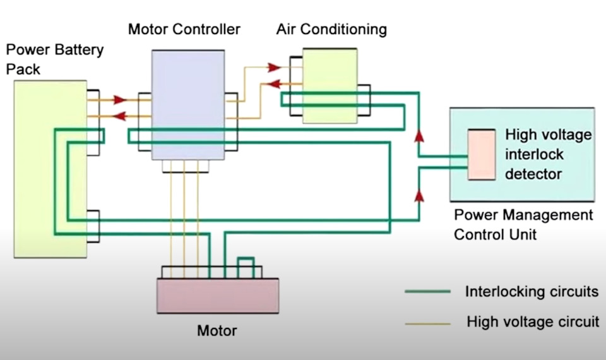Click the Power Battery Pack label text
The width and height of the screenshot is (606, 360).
click(x=54, y=59)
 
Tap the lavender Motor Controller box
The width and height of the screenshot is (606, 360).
click(x=187, y=104)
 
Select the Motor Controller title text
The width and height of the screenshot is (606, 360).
click(x=184, y=29)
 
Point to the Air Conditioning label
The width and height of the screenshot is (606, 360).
click(x=331, y=29)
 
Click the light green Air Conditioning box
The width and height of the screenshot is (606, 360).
click(x=330, y=85)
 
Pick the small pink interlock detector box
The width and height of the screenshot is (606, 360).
click(x=481, y=155)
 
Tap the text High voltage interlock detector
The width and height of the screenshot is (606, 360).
click(x=548, y=154)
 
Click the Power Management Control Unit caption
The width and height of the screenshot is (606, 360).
click(x=523, y=224)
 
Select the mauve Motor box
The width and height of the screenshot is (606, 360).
click(x=218, y=296)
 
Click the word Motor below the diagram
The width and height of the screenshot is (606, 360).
click(x=217, y=330)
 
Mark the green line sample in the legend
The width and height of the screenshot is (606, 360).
click(x=427, y=292)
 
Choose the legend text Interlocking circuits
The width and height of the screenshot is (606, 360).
click(x=532, y=292)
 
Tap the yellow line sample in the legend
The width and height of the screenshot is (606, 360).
click(x=427, y=323)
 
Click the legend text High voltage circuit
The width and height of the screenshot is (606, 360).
click(x=533, y=322)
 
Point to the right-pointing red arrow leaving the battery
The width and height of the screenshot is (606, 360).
click(x=120, y=99)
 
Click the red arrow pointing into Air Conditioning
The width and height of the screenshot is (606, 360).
click(x=273, y=67)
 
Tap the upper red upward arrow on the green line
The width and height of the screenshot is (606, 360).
click(x=417, y=135)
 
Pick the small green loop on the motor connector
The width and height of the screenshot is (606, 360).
click(x=245, y=265)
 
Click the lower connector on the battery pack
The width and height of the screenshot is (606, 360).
click(x=93, y=225)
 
